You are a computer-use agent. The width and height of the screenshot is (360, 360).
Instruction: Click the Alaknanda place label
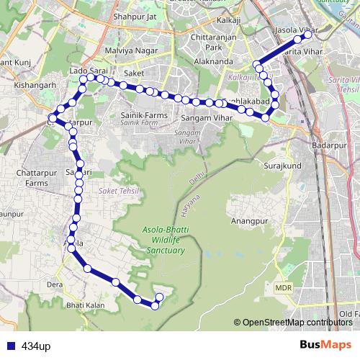[x=213, y=62]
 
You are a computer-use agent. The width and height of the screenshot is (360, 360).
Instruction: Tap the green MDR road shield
[x=283, y=288]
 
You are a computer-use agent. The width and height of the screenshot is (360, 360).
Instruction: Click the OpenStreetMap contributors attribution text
[x=297, y=323]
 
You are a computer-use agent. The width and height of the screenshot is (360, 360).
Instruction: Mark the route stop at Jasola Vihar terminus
[x=308, y=34]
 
